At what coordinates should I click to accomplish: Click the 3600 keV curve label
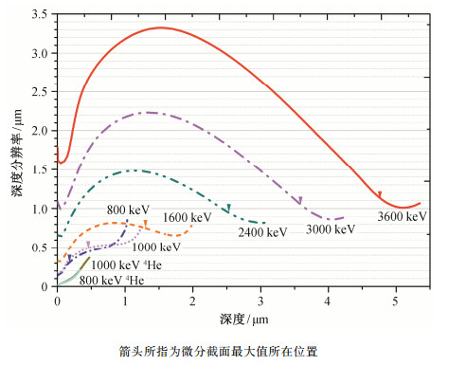(x=402, y=217)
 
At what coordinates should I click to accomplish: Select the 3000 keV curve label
(x=331, y=229)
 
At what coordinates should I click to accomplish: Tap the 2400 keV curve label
(x=262, y=232)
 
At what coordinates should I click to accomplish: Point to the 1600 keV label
(x=188, y=217)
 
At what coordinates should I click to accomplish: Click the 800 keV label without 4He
(x=128, y=210)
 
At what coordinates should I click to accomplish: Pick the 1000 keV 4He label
(x=126, y=265)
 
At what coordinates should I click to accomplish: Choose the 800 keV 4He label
(x=112, y=281)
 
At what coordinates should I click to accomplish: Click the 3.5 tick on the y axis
(x=40, y=14)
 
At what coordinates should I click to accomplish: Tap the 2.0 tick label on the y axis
(x=40, y=131)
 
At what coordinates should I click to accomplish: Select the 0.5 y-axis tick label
(x=40, y=247)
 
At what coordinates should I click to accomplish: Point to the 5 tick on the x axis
(x=396, y=301)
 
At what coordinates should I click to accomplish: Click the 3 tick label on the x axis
(x=260, y=301)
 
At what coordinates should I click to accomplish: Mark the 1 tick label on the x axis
(x=125, y=301)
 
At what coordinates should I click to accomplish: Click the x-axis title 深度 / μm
(x=244, y=319)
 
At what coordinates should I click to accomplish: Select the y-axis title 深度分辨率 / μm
(x=17, y=153)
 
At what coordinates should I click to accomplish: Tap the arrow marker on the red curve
(x=380, y=194)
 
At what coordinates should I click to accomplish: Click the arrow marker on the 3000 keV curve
(x=300, y=200)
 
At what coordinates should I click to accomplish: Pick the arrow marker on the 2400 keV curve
(x=228, y=209)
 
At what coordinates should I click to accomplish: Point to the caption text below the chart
(x=218, y=352)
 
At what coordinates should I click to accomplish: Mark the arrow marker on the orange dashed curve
(x=146, y=224)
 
